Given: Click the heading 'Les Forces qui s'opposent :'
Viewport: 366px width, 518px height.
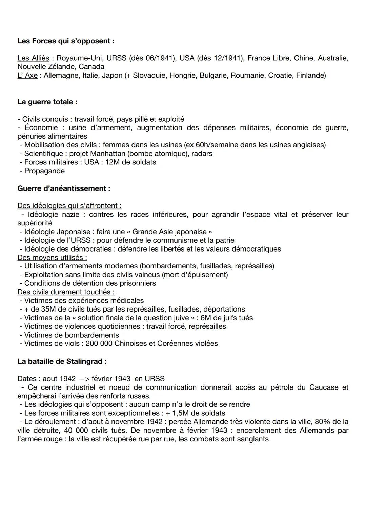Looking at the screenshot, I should (x=66, y=41).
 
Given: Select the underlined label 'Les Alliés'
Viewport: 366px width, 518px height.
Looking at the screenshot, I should (x=33, y=58).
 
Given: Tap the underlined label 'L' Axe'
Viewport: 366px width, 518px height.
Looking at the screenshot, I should (x=27, y=75).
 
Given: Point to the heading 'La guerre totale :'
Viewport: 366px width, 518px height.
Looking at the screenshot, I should (x=47, y=102).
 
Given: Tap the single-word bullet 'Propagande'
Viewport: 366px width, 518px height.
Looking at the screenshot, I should (x=44, y=171).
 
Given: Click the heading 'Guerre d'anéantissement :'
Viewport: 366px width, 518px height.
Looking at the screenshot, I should (x=64, y=188).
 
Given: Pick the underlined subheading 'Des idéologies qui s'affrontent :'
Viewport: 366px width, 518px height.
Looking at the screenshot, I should (x=69, y=206).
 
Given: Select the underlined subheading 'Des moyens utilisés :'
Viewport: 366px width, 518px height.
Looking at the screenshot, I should (x=52, y=258).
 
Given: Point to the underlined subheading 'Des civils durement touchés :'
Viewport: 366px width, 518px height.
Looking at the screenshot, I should (x=66, y=292).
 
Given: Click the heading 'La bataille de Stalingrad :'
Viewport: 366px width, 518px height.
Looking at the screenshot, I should (x=62, y=361).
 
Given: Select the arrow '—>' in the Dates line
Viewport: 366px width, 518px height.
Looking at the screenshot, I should (x=84, y=379).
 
